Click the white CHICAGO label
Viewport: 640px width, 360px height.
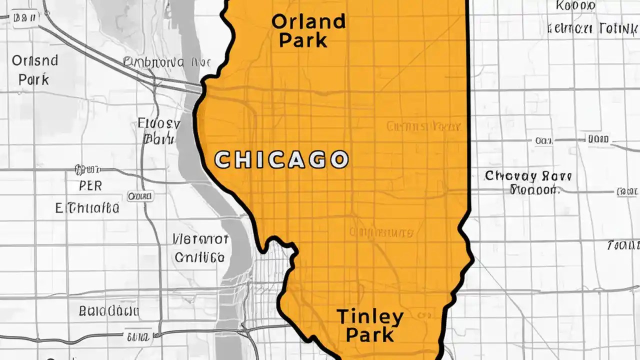click(x=281, y=159)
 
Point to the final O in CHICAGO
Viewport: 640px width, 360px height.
click(x=339, y=159)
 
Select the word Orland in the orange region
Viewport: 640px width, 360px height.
click(x=308, y=21)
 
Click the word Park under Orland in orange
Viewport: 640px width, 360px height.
click(x=303, y=40)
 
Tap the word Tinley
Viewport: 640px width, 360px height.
click(x=370, y=316)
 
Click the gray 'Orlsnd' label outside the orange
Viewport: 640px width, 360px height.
click(x=34, y=61)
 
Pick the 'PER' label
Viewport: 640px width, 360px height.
click(x=90, y=186)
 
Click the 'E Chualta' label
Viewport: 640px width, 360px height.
click(x=87, y=207)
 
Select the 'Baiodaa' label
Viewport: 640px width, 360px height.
click(x=108, y=311)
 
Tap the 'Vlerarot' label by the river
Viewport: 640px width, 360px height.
click(x=200, y=239)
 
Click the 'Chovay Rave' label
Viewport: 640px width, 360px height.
click(x=528, y=176)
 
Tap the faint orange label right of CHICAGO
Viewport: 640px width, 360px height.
click(x=423, y=126)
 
